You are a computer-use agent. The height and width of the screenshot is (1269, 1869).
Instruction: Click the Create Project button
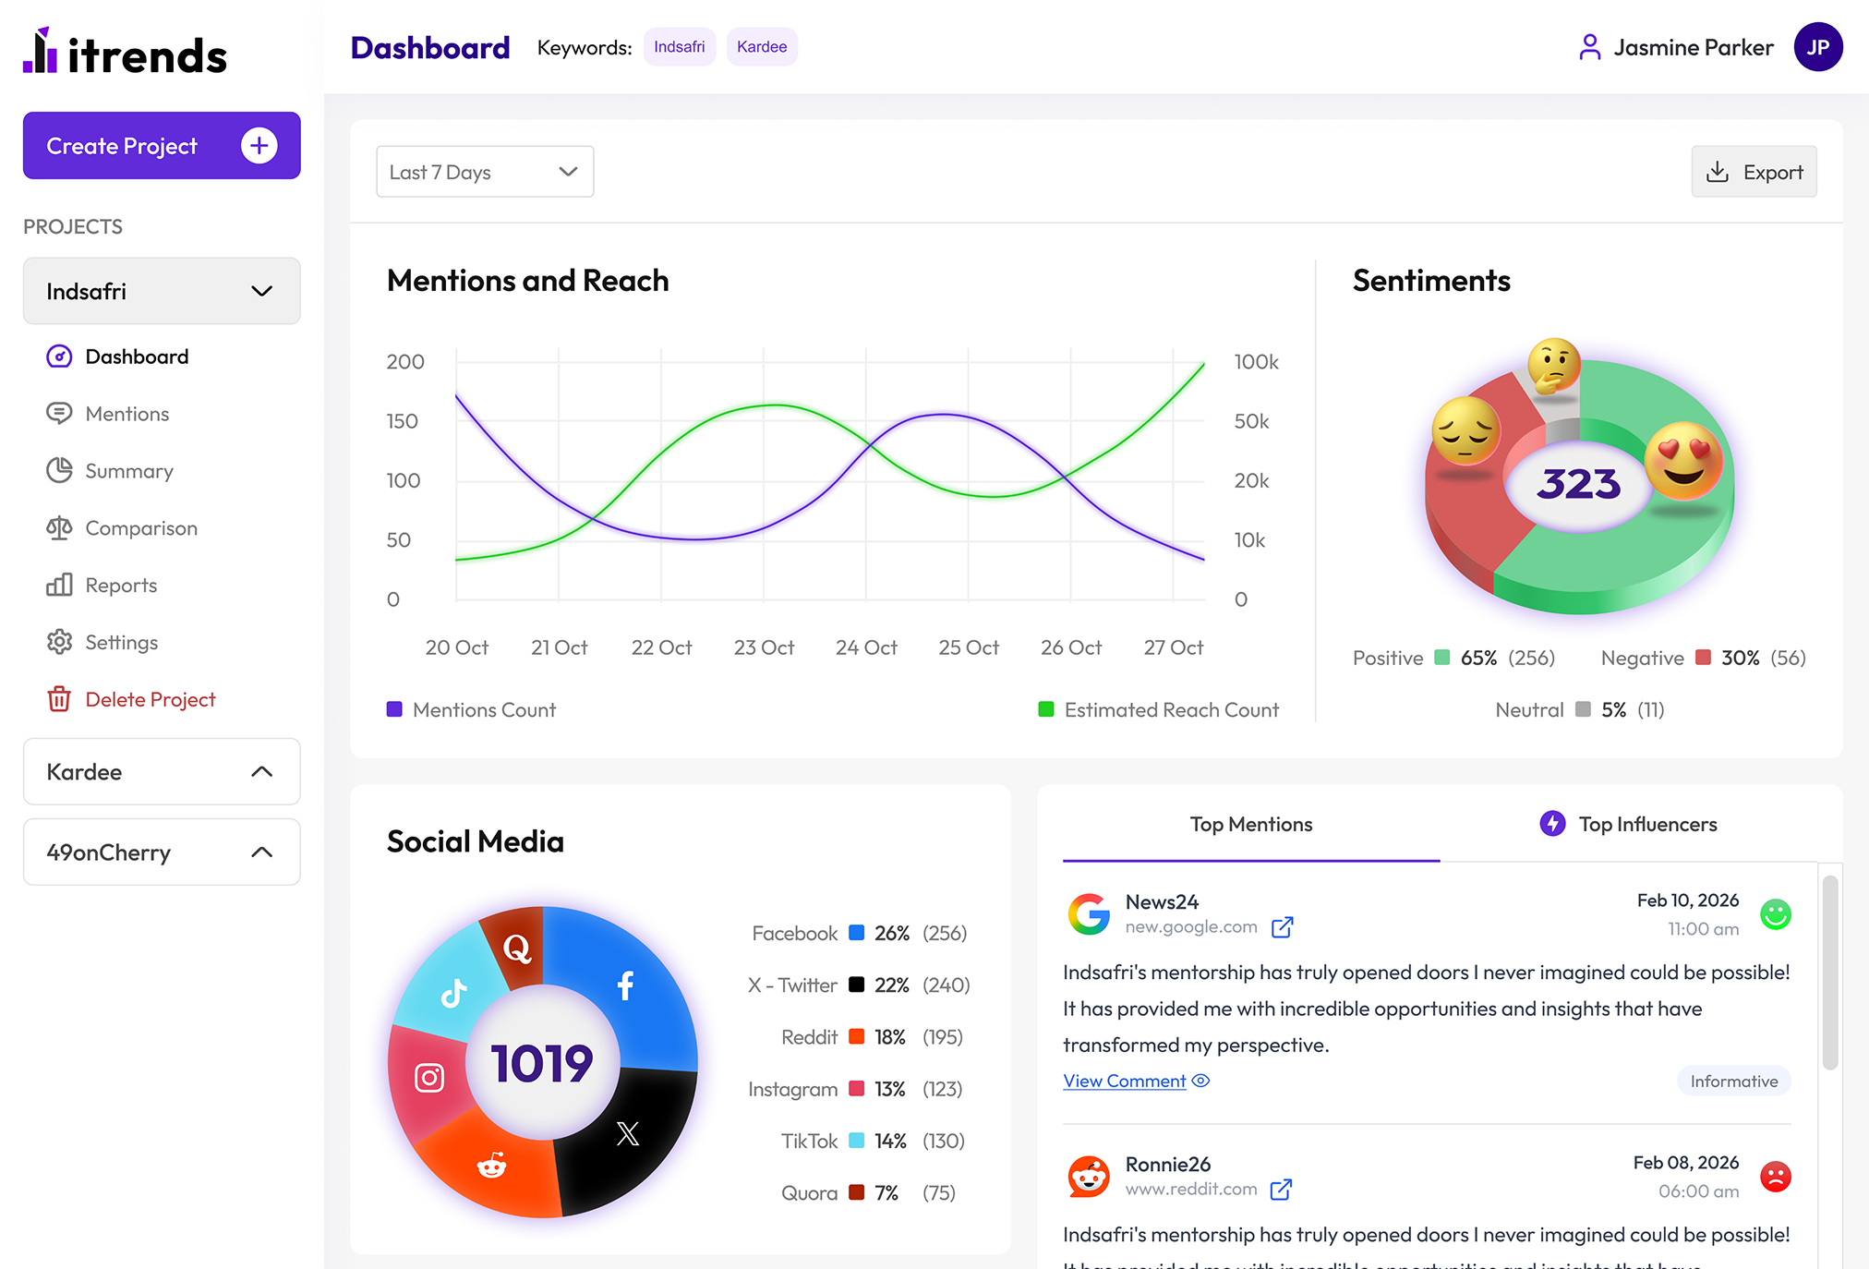click(162, 146)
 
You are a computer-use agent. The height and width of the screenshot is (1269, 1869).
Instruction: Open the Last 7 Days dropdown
click(485, 172)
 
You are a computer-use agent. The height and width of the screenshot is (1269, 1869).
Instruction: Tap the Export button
click(1754, 172)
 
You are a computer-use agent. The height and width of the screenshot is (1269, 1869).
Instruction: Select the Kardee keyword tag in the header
click(762, 47)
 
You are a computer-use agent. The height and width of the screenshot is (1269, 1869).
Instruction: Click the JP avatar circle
click(1817, 47)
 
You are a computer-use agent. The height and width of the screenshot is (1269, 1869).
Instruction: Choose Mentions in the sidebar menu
click(127, 414)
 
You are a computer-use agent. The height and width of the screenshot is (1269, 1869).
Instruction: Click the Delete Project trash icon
click(59, 699)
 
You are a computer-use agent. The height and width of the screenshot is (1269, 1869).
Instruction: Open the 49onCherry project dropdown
click(162, 852)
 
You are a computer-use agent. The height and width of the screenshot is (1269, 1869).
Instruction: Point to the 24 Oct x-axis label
click(866, 647)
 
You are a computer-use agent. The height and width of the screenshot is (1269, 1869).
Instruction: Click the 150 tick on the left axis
click(402, 421)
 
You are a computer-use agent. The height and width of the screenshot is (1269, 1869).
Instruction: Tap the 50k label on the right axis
click(1251, 421)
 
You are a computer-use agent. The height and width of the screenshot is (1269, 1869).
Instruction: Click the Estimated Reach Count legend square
click(1046, 709)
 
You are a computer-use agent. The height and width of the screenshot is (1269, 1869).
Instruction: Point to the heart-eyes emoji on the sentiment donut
click(1682, 459)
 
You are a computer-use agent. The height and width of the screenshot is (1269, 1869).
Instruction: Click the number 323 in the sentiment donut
click(1578, 484)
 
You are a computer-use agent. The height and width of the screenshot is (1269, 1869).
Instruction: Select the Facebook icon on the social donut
click(625, 985)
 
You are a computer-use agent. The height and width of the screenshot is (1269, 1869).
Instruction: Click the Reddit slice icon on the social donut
click(491, 1166)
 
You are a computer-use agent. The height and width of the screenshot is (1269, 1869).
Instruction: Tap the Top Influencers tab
click(1629, 824)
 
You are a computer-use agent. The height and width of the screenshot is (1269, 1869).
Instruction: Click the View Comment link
click(1125, 1081)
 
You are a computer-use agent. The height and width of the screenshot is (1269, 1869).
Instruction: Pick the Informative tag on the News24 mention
click(1733, 1081)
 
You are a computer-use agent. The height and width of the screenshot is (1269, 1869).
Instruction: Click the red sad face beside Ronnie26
click(1775, 1177)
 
